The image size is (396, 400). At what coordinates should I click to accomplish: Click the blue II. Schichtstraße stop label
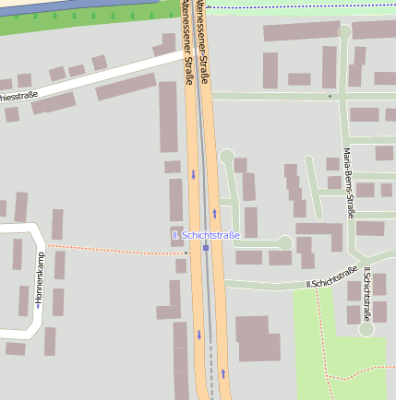click(x=206, y=235)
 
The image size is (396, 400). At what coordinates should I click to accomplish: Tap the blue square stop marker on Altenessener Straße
click(x=206, y=247)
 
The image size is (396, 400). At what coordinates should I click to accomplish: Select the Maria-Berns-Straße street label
click(x=349, y=182)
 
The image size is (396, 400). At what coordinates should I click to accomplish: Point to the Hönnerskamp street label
click(x=39, y=279)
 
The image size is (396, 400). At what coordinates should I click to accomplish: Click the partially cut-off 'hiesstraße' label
click(x=18, y=96)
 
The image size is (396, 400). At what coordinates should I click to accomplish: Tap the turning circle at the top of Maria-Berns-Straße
click(x=345, y=31)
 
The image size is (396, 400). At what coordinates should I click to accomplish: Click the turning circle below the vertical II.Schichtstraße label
click(x=366, y=328)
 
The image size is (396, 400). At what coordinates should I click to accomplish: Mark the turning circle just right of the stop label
click(x=285, y=242)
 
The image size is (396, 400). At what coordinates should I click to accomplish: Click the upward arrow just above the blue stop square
click(x=214, y=213)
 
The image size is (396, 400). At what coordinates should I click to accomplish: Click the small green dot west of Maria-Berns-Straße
click(x=330, y=96)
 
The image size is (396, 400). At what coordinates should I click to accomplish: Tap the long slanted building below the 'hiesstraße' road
click(x=126, y=87)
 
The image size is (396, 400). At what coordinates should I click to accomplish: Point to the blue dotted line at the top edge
click(x=295, y=7)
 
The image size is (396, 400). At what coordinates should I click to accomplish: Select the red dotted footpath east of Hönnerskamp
click(x=111, y=250)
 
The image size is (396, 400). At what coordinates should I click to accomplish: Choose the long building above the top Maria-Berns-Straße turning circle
click(x=301, y=31)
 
